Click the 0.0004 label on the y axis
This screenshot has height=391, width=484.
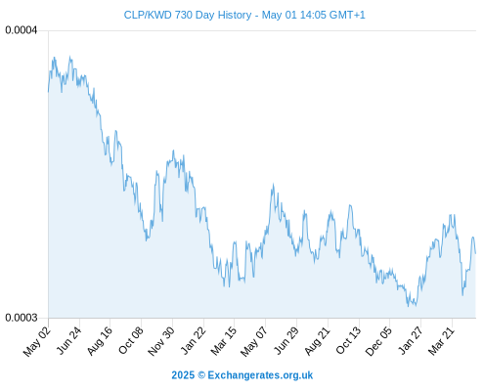pos(22,30)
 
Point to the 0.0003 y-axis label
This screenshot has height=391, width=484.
pos(22,318)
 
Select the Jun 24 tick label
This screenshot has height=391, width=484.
pos(68,340)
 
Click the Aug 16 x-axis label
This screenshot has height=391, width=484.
pos(100,341)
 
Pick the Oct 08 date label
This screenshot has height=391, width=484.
pos(131,340)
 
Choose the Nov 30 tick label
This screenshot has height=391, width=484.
pos(161,341)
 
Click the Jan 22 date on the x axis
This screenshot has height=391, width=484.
pos(194,340)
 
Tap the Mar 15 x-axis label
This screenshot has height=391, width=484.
pos(224,341)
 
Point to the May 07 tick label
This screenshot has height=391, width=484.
pos(254,341)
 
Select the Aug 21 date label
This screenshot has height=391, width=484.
pos(318,341)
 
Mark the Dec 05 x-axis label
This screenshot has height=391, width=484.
pos(378,341)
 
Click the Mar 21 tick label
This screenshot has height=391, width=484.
pos(441,341)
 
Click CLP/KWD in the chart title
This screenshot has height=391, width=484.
pos(148,15)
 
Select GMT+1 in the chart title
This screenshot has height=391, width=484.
pos(347,15)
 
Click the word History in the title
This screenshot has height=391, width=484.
pos(235,16)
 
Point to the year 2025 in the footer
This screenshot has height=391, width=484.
pos(183,375)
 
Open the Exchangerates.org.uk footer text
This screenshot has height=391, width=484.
pos(260,375)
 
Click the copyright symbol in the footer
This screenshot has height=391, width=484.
pos(201,375)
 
